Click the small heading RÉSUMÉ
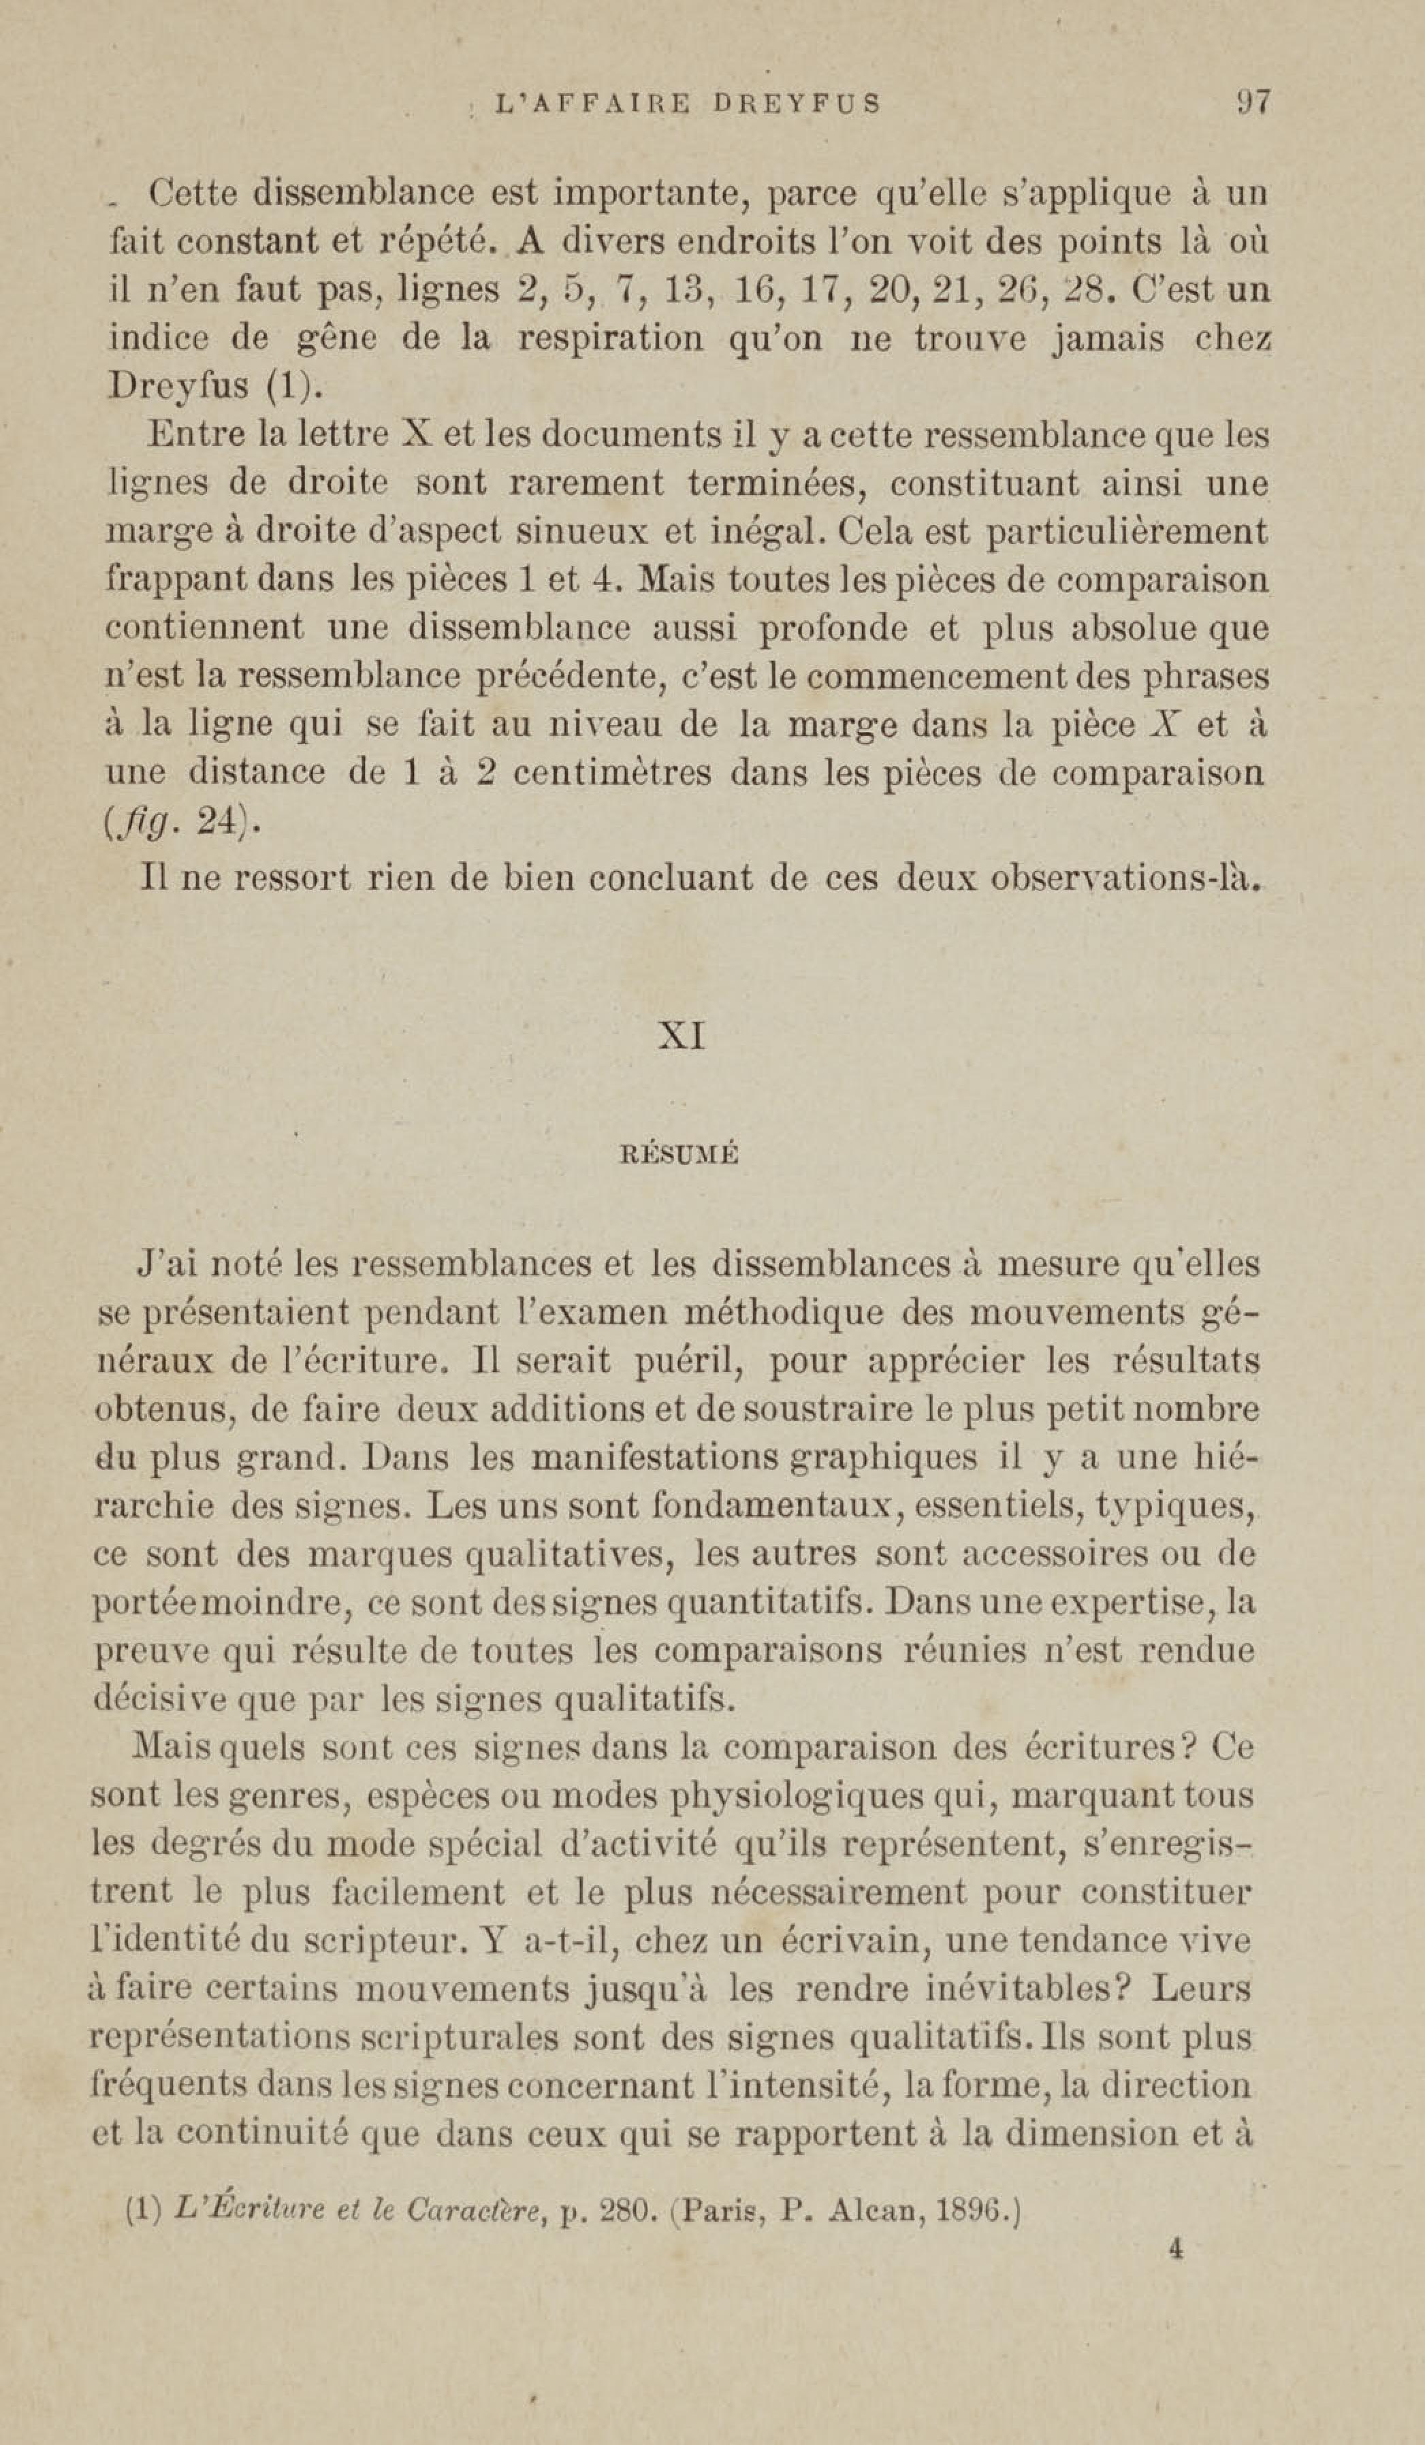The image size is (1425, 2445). pos(679,1155)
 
